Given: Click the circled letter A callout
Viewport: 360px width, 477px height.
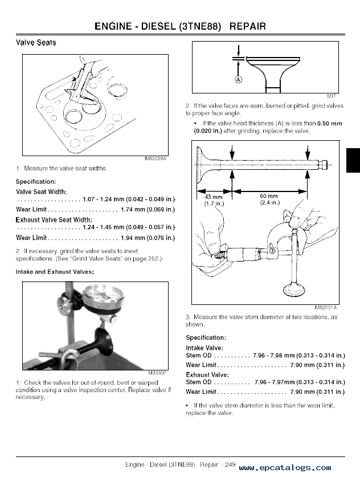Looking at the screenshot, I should coord(239,80).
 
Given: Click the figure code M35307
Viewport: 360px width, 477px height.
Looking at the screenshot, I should coord(157,373).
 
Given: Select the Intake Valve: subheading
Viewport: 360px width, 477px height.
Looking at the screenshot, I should coord(204,348).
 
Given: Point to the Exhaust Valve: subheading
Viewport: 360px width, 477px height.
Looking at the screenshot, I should coord(207,375).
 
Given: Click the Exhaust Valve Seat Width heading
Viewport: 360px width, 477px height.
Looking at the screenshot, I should coord(54,219).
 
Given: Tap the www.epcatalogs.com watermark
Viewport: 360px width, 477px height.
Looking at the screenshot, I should coord(284,467).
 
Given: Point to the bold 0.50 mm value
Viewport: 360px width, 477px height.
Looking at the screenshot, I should coord(330,123).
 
